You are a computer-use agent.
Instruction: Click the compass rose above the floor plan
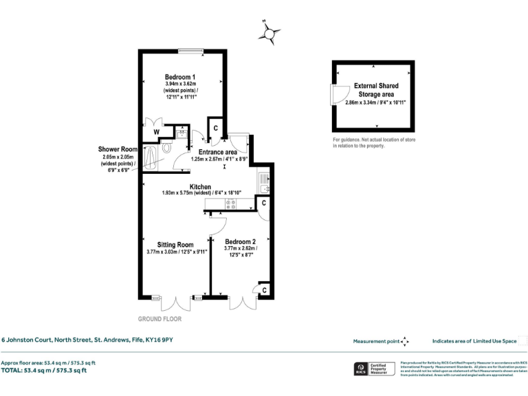coord(270,32)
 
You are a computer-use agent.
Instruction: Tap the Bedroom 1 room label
coord(180,76)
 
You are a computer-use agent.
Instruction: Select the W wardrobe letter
coord(157,132)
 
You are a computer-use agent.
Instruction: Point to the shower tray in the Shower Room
coord(149,159)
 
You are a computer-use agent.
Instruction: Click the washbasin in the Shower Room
coord(181,133)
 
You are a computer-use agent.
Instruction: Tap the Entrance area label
coord(218,152)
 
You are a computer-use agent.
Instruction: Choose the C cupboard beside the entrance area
coord(214,128)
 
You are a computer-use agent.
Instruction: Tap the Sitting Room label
coord(175,244)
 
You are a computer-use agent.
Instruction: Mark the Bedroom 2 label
coord(241,241)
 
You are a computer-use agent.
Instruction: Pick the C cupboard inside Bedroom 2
coord(265,290)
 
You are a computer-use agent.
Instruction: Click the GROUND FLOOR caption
coord(160,319)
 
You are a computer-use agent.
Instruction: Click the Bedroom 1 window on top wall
coord(190,49)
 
